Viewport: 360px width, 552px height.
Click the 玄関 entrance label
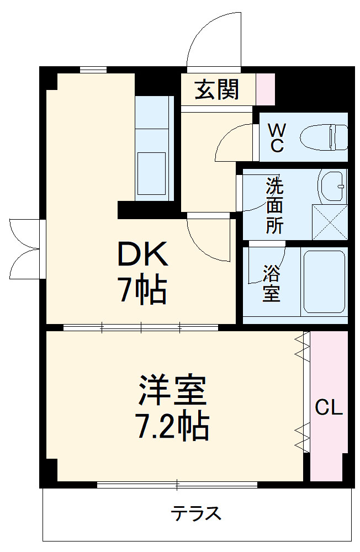click(x=217, y=89)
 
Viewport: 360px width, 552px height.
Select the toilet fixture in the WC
click(x=324, y=137)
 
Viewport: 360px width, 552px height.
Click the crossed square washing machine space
click(x=330, y=222)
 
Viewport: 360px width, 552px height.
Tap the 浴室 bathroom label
click(x=271, y=283)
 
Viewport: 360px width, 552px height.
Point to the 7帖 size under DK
click(x=141, y=290)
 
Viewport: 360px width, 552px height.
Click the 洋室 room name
click(x=173, y=390)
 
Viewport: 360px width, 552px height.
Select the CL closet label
click(x=329, y=408)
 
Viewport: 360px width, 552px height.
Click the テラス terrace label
click(x=197, y=514)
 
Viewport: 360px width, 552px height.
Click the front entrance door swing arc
click(x=215, y=39)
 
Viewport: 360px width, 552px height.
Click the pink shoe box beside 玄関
click(x=266, y=89)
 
